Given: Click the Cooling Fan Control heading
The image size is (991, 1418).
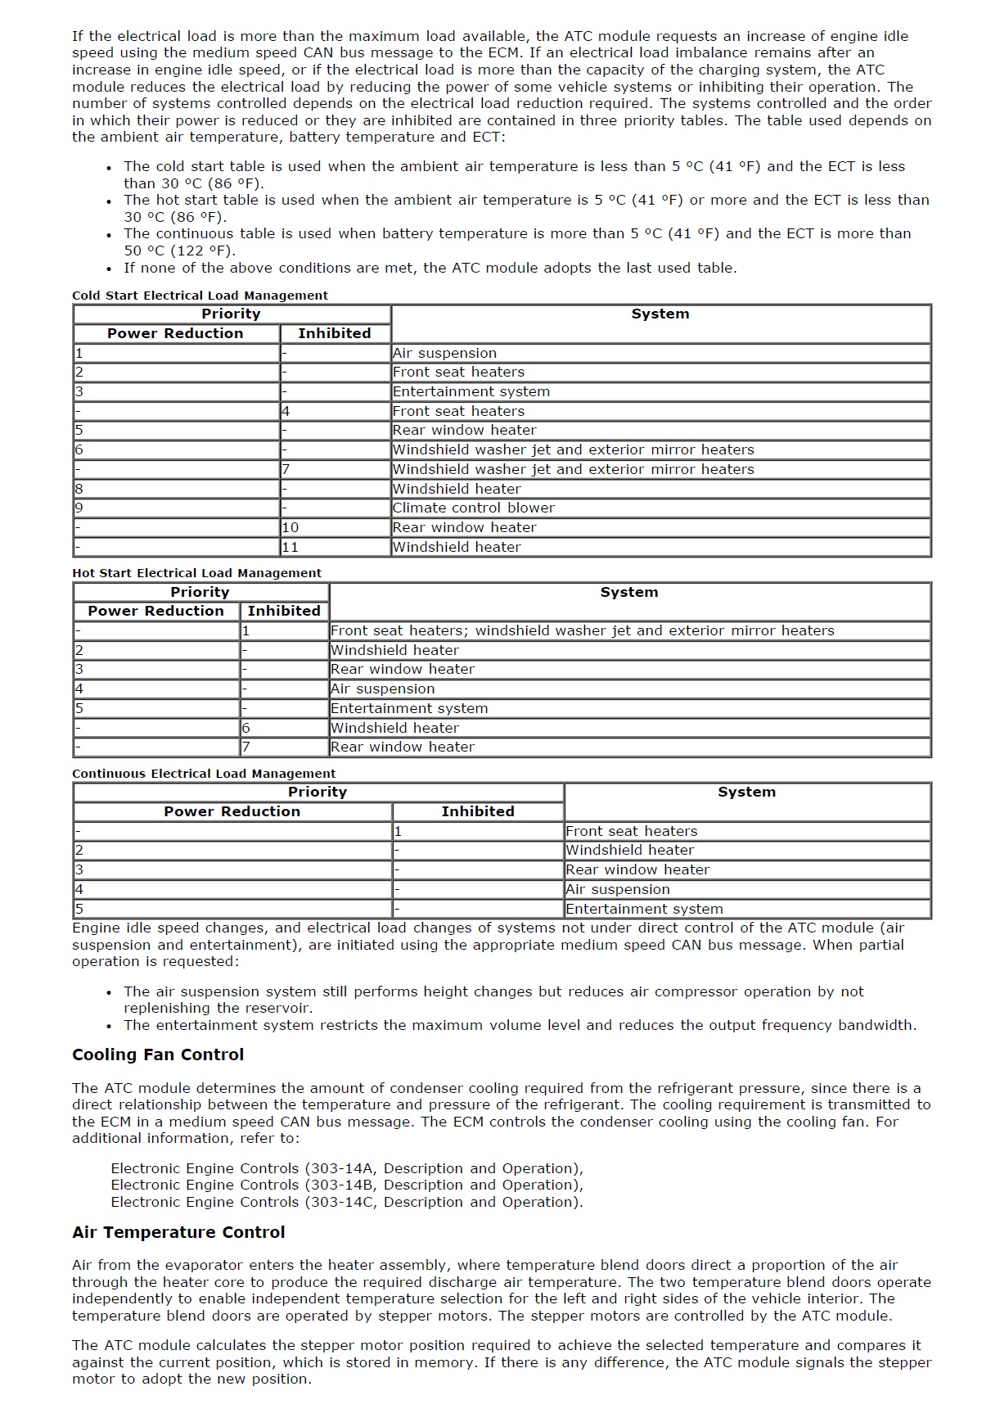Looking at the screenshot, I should click(158, 1054).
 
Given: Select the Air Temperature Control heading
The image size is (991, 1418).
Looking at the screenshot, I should click(178, 1232).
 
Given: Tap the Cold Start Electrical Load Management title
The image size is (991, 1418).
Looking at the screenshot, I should click(200, 296).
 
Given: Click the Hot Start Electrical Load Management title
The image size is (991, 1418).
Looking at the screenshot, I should click(196, 573).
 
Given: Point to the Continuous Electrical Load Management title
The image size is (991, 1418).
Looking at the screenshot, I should click(204, 774).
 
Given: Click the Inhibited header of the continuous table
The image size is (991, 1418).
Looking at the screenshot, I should click(478, 811).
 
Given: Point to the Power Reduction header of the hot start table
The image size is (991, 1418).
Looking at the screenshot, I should click(155, 611).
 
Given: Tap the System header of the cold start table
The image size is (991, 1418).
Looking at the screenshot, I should click(660, 314).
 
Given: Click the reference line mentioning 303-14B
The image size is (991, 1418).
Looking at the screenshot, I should click(347, 1185).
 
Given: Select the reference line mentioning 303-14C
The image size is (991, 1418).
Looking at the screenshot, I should click(347, 1202).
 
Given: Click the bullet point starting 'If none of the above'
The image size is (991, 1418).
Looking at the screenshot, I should click(430, 268).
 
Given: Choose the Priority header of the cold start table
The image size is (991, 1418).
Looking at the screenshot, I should click(231, 314).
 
